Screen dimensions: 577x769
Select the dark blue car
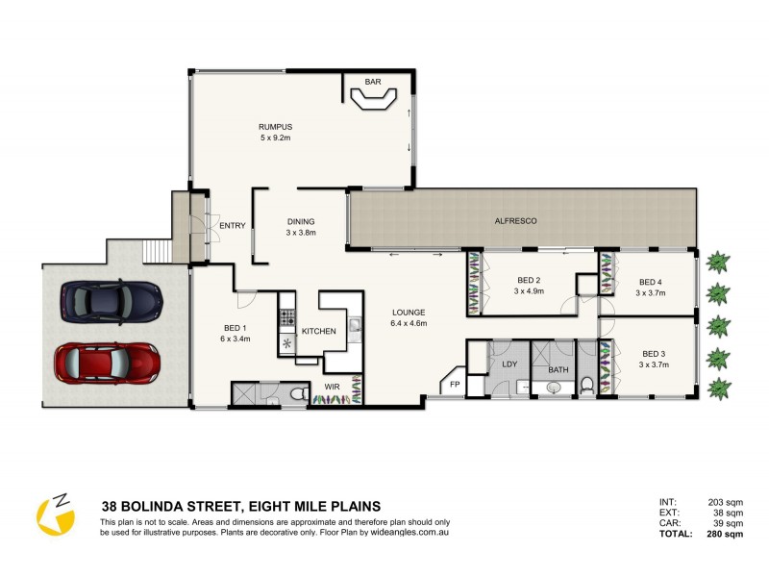click(x=111, y=301)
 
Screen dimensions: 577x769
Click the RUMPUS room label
click(x=275, y=127)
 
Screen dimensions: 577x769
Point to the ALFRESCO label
click(x=515, y=221)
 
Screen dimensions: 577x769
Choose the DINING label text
click(x=301, y=220)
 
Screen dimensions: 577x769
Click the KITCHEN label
click(x=318, y=331)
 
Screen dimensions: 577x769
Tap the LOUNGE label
click(x=408, y=313)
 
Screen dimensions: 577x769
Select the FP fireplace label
click(x=455, y=384)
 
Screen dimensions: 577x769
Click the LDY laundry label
click(x=509, y=364)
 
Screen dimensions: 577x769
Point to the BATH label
click(x=558, y=369)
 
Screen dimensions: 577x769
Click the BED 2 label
click(x=529, y=281)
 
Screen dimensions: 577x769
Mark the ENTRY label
click(x=233, y=226)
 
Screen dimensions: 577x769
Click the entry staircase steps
click(x=157, y=252)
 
